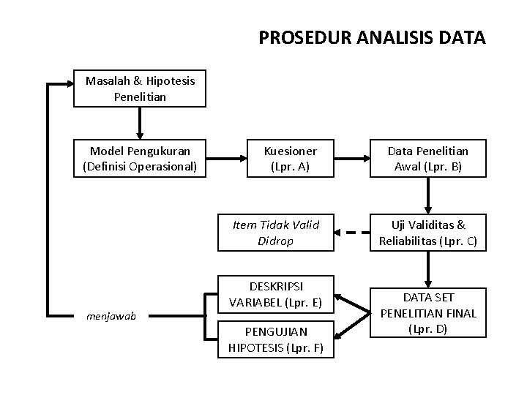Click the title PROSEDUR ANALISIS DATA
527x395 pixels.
pos(372,37)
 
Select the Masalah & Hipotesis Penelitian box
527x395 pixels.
pos(140,89)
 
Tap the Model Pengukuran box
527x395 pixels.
pos(140,159)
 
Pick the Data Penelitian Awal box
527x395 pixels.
pos(427,159)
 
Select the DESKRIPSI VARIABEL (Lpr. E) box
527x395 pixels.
pos(274,293)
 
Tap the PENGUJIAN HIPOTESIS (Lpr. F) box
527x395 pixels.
pos(274,340)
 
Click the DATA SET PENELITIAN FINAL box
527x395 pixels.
pos(427,313)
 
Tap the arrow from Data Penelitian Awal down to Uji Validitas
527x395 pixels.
pos(427,196)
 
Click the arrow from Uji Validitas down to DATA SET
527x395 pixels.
pos(427,268)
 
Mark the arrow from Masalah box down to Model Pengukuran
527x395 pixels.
pos(140,123)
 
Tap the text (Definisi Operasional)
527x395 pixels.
pos(140,167)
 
